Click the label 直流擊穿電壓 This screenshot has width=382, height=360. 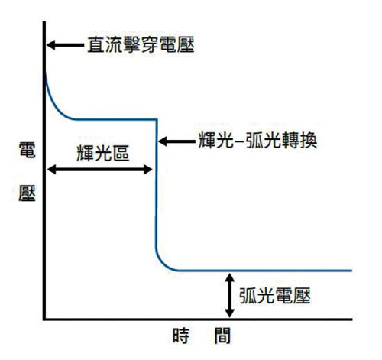(141, 44)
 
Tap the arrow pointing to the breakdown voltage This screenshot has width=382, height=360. (66, 45)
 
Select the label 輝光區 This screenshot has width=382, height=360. (102, 153)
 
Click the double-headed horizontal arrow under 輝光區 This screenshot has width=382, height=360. (99, 170)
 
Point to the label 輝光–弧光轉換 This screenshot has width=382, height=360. (257, 140)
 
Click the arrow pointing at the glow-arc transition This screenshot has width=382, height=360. (176, 141)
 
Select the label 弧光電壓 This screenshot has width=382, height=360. (274, 296)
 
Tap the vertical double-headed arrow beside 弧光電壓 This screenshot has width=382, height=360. (229, 295)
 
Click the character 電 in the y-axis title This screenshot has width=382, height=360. (27, 150)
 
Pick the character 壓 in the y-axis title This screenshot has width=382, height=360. (27, 193)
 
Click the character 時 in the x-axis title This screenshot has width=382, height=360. (181, 336)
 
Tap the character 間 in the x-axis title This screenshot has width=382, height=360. (222, 336)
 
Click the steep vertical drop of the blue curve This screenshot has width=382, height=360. (157, 183)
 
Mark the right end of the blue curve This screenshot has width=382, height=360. (351, 271)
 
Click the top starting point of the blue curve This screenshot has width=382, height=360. (46, 72)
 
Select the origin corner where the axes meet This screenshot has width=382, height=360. (44, 319)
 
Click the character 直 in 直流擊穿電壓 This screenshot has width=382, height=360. (96, 44)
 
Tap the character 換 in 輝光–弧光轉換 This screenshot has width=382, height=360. (309, 140)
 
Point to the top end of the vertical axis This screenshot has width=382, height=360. (44, 22)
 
